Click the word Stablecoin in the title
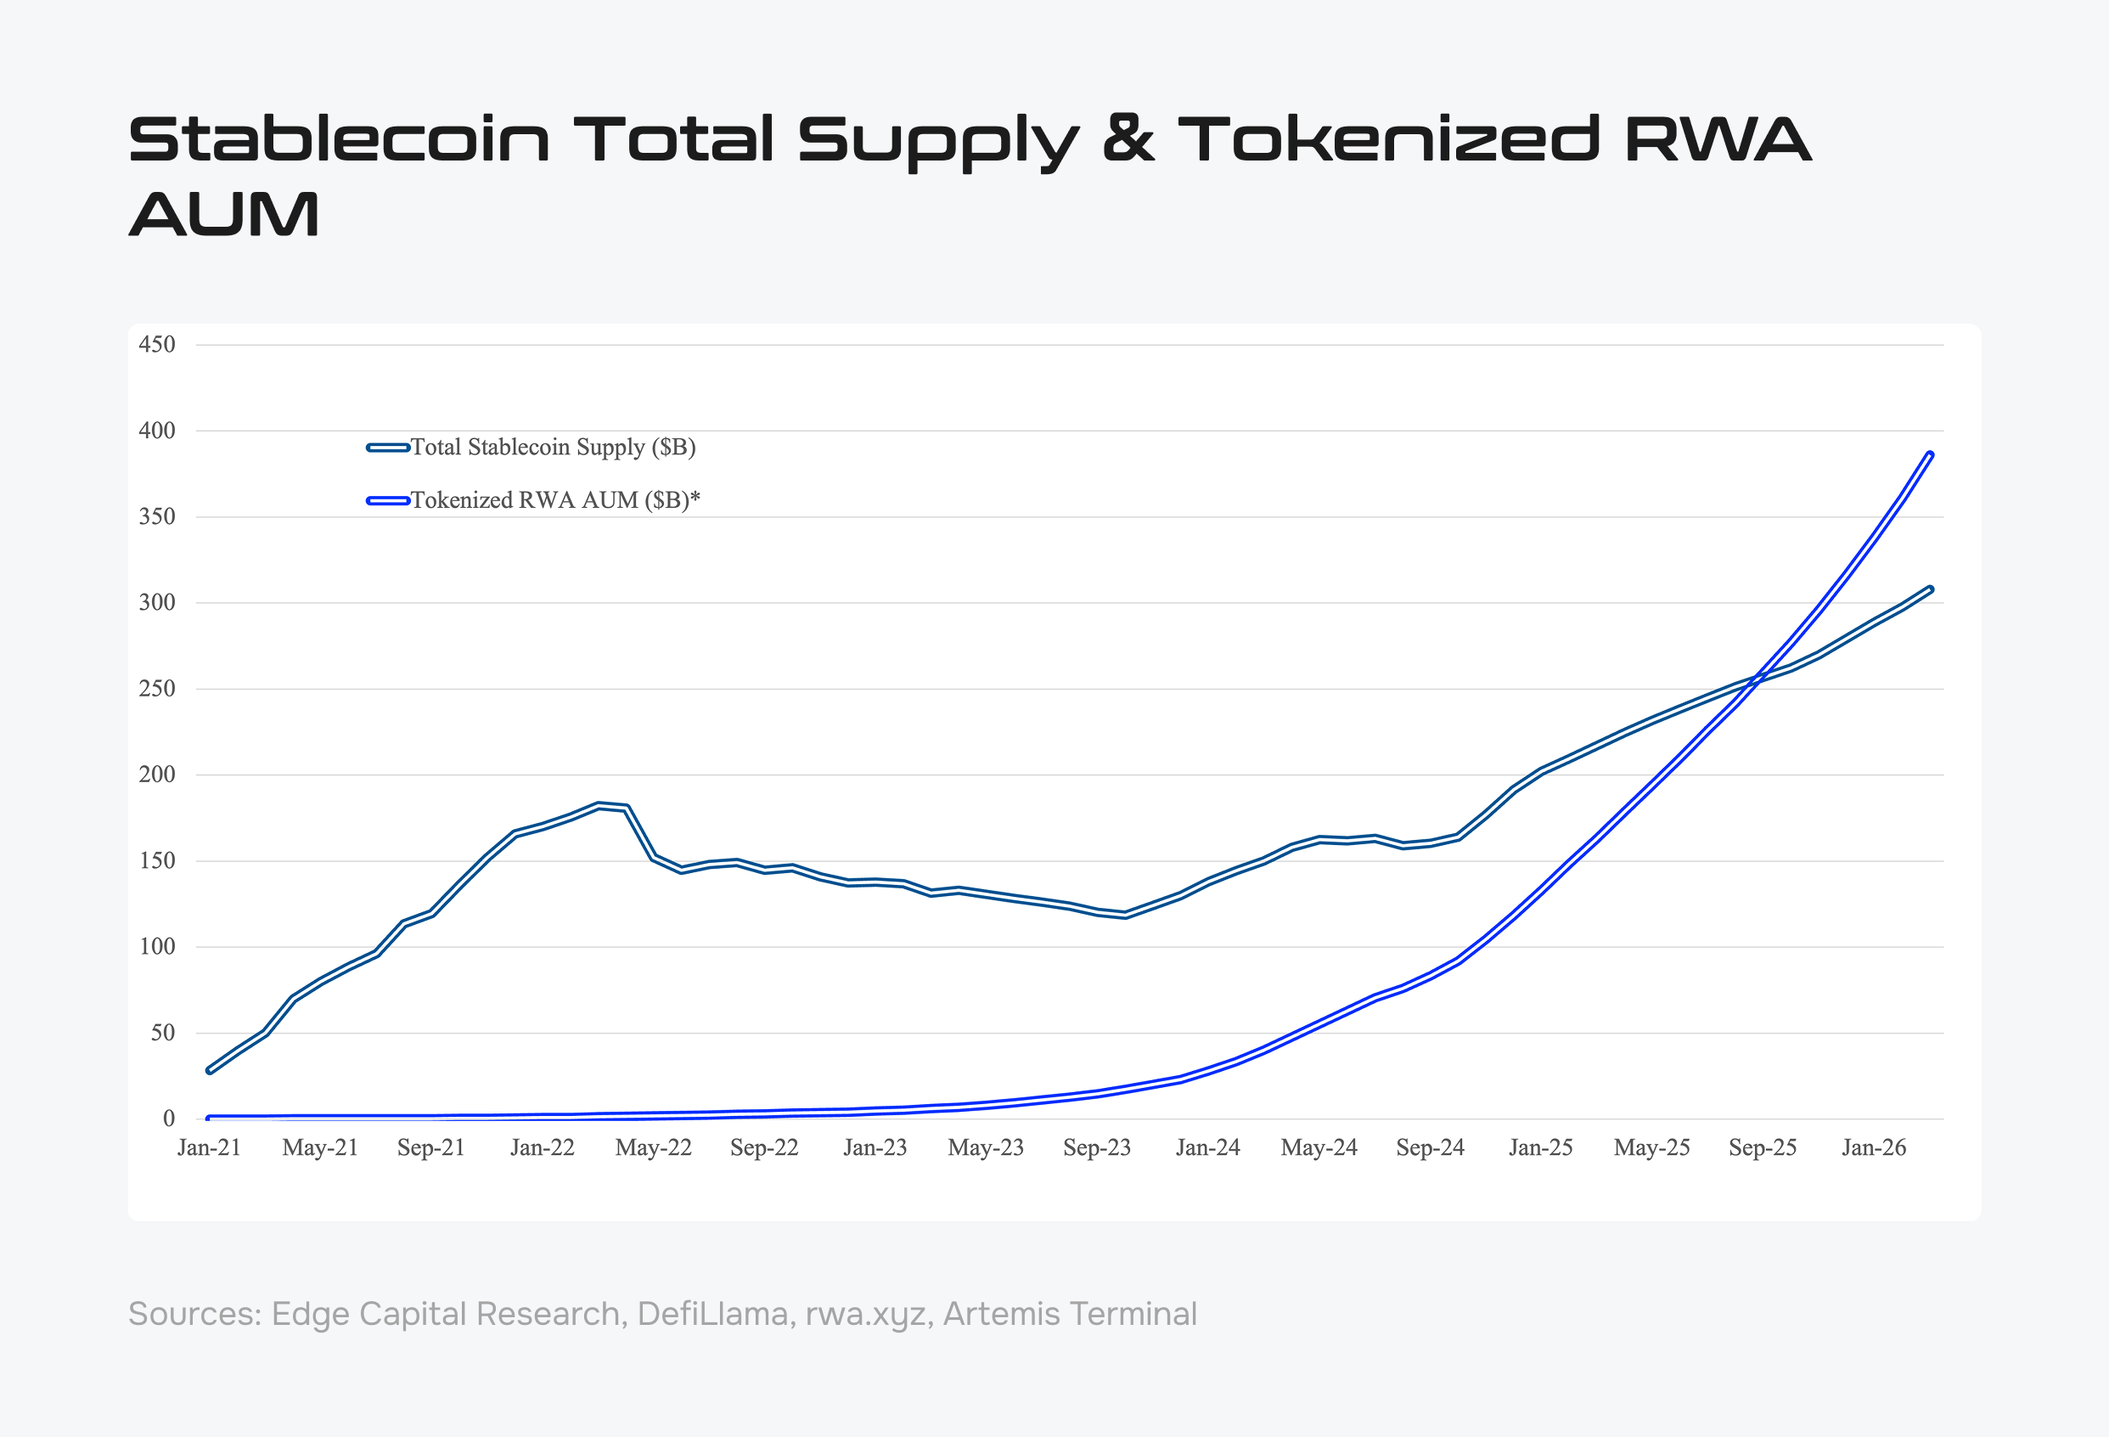(x=339, y=140)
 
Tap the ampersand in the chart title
(x=1128, y=140)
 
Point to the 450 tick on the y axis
(x=156, y=345)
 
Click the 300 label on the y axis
(x=156, y=603)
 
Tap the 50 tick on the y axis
(x=162, y=1033)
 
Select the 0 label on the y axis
(x=169, y=1119)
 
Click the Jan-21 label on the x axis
(x=209, y=1148)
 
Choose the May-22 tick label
(x=654, y=1148)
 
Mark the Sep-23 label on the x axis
(x=1097, y=1148)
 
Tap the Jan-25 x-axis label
(x=1541, y=1148)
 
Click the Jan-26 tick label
(x=1874, y=1148)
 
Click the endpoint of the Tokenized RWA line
(x=1930, y=454)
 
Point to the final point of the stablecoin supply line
(x=1930, y=589)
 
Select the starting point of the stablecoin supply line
(x=210, y=1070)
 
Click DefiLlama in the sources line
(x=712, y=1315)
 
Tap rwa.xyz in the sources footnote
(x=865, y=1315)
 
